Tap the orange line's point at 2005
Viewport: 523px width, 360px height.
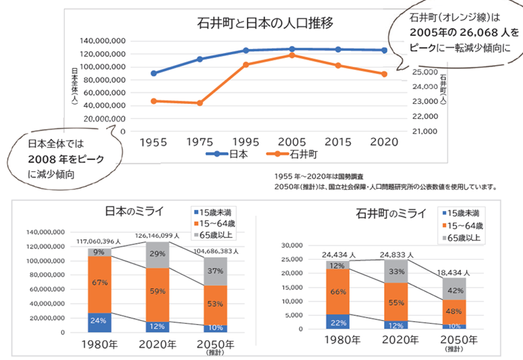pos(292,55)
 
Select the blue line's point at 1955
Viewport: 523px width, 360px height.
pos(153,73)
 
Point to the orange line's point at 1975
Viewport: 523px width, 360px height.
pos(200,103)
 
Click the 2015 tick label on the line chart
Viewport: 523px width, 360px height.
pos(338,142)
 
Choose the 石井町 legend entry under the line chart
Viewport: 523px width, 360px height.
pos(292,154)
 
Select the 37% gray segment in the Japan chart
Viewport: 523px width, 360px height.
pos(215,271)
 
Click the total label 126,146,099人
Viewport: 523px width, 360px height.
pos(157,236)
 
